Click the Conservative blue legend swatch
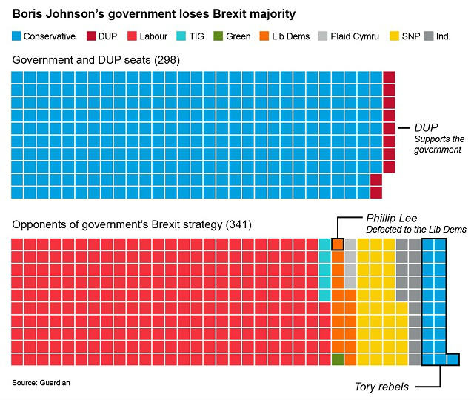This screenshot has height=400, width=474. coord(16,36)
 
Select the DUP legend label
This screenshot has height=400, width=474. coord(108,36)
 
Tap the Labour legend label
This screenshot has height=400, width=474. coord(153,36)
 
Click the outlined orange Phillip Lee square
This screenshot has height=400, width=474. coord(338,244)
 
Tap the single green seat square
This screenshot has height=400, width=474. coord(338,359)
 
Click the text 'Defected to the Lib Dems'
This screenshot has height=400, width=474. coord(416,230)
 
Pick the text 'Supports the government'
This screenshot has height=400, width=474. coord(439,144)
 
